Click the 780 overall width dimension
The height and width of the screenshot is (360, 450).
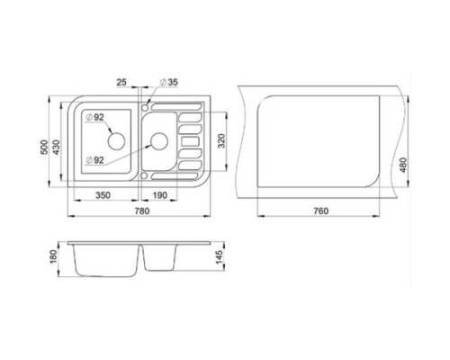(142, 211)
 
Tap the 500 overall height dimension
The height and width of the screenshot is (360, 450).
(44, 147)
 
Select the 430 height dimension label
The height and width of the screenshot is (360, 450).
(56, 147)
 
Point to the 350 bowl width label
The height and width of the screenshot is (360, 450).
(103, 195)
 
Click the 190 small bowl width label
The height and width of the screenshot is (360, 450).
(159, 195)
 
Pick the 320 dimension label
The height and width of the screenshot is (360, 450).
(221, 140)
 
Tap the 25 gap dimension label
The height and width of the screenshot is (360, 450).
(121, 82)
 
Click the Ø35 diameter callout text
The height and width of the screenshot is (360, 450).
(169, 82)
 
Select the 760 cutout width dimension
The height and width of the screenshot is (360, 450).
(321, 211)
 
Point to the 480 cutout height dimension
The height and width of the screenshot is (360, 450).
(403, 165)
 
